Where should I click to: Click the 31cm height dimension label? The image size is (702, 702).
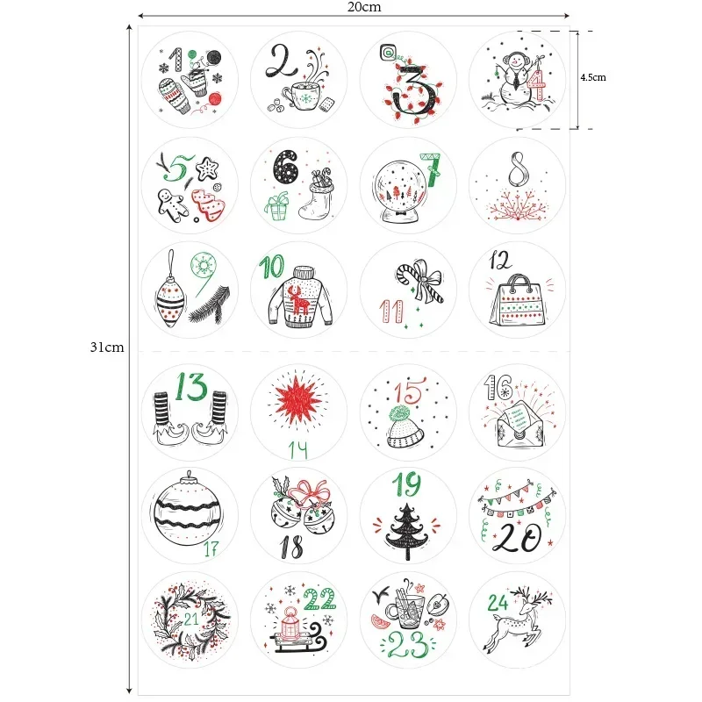(107, 347)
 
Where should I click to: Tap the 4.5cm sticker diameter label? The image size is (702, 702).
(592, 77)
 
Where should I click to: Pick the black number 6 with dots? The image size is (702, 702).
(286, 167)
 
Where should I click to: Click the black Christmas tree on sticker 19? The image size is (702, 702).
(406, 531)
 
